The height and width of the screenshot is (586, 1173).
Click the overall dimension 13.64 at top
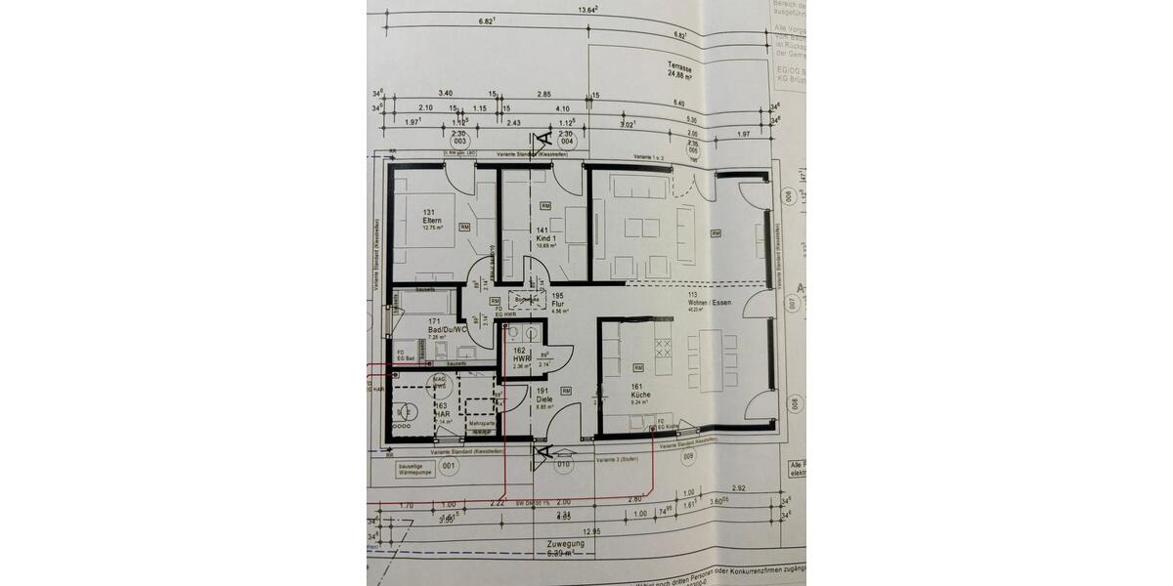pyautogui.click(x=587, y=9)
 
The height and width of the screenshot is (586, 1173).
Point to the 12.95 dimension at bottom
pyautogui.click(x=592, y=531)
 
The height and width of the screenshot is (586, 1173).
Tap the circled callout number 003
pyautogui.click(x=458, y=139)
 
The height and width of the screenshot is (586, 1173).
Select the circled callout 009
pyautogui.click(x=688, y=455)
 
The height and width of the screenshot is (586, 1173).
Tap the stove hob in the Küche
pyautogui.click(x=663, y=348)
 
